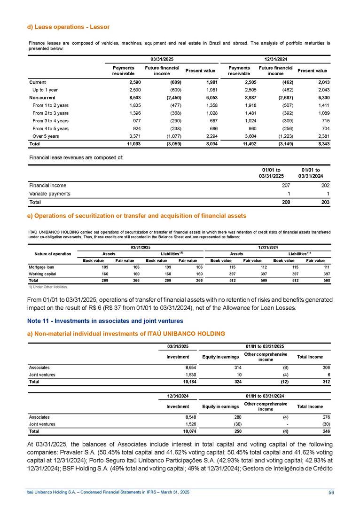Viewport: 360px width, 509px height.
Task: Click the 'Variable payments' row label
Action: click(49, 194)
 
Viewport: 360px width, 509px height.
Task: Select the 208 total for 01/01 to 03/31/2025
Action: click(284, 203)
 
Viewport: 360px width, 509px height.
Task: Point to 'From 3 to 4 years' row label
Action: click(51, 121)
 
